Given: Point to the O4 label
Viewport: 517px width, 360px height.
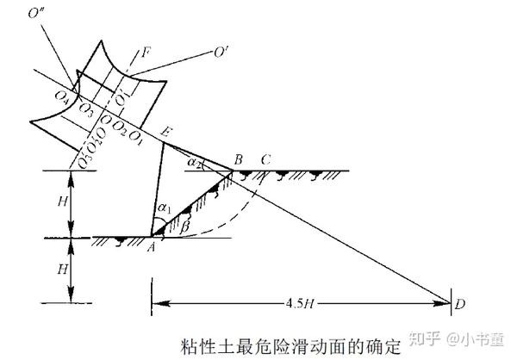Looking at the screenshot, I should [62, 97].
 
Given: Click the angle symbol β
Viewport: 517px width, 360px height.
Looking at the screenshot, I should [185, 226].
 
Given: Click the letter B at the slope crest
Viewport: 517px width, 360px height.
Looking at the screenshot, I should [240, 158].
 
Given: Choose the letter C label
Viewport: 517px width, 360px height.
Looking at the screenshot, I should [265, 158].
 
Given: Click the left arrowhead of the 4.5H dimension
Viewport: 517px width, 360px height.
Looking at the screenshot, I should [157, 302].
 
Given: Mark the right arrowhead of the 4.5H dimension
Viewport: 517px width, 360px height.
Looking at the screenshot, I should [447, 302].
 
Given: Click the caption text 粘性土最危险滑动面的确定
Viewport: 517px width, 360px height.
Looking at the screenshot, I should [296, 345].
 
